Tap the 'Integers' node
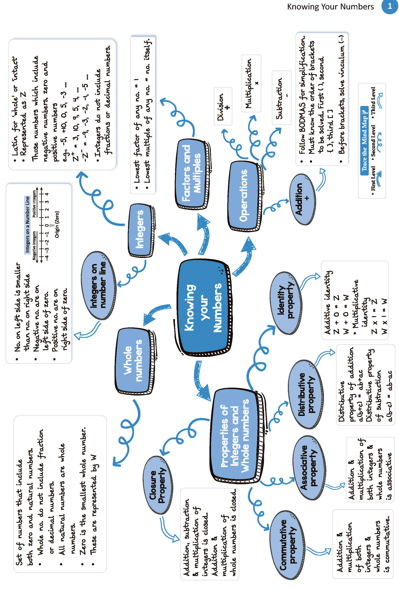pos(141,230)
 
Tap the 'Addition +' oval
pos(303,199)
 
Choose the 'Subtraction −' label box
pos(281,98)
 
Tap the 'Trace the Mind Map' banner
pos(364,141)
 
